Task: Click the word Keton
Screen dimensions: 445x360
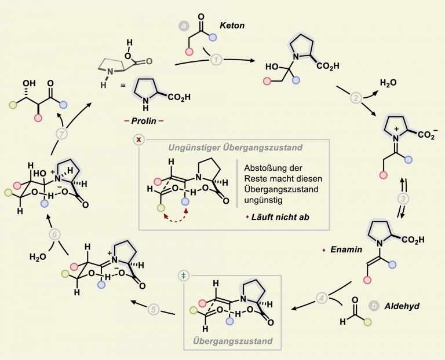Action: pos(232,25)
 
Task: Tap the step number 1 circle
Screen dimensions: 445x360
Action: pos(216,60)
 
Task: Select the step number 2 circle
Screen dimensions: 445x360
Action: pos(356,98)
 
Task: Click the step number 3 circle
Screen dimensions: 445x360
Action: pos(403,199)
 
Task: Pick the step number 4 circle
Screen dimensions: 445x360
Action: pos(322,298)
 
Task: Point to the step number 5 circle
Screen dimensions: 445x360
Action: pos(154,309)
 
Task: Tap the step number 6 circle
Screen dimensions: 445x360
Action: pos(55,235)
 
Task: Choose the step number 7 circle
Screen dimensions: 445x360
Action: pos(62,134)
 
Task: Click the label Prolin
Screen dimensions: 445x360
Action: pos(144,121)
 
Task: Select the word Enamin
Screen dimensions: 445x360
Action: pos(346,249)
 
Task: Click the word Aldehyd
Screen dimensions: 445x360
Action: pos(402,306)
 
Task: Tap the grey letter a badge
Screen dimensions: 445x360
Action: pos(184,26)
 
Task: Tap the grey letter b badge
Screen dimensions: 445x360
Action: pos(374,306)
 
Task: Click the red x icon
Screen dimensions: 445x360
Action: pos(139,139)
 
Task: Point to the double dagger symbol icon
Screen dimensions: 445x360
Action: pos(184,275)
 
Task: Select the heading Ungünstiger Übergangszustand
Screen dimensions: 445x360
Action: pos(235,148)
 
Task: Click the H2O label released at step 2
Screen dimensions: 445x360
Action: pos(388,83)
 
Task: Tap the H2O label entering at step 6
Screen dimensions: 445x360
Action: pos(38,257)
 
